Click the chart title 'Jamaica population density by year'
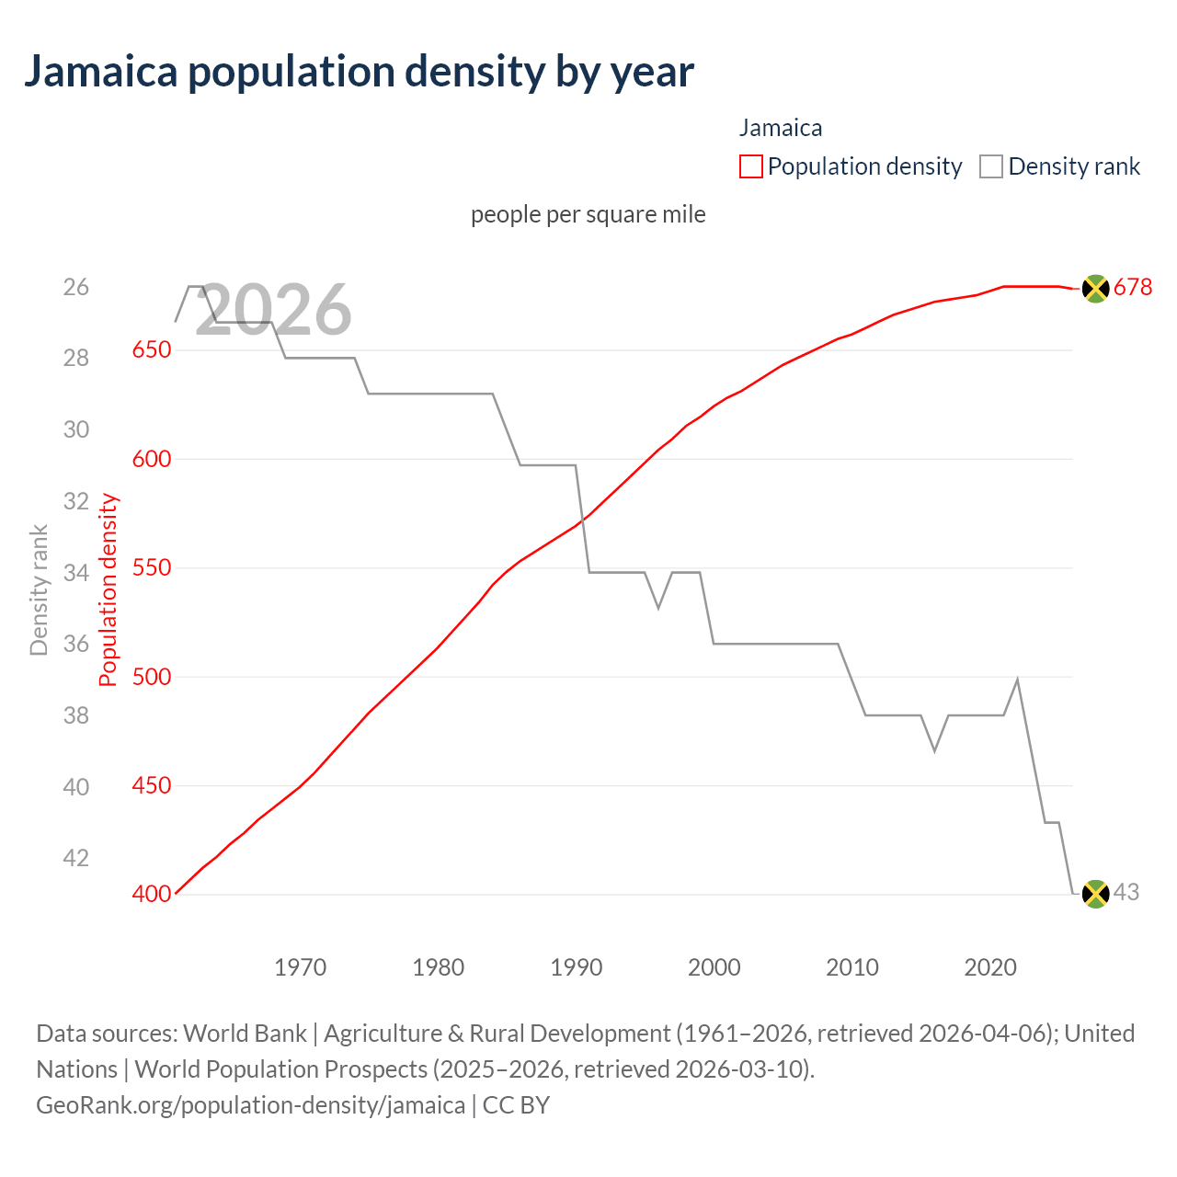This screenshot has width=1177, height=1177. pos(359,72)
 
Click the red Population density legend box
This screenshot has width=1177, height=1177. pos(750,166)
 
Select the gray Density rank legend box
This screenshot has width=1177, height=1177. pos(990,166)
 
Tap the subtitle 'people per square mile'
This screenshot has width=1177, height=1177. pos(588,214)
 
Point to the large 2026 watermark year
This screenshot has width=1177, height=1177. pos(274,310)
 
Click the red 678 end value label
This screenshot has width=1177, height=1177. pos(1133,288)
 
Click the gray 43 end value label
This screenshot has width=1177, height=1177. pos(1126,892)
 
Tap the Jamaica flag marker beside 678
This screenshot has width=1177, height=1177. pos(1095,288)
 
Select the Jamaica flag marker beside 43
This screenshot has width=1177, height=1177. pos(1095,893)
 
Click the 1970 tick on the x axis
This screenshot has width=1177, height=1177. pos(301,967)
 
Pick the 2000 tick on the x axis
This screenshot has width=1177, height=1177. pos(714,967)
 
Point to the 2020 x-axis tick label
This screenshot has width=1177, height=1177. pos(990,967)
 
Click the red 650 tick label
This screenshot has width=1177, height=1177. pos(152,350)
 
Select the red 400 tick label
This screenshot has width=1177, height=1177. pos(152,894)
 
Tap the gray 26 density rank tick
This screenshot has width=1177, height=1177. pos(76,288)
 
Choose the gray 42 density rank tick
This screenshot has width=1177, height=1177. pos(76,858)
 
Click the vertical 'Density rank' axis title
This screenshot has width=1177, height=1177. pos(39,589)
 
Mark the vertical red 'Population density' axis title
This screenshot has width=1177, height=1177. pos(109,589)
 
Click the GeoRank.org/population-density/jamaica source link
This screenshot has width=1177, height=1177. pos(250,1104)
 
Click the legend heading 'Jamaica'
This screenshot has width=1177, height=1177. pos(781,128)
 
